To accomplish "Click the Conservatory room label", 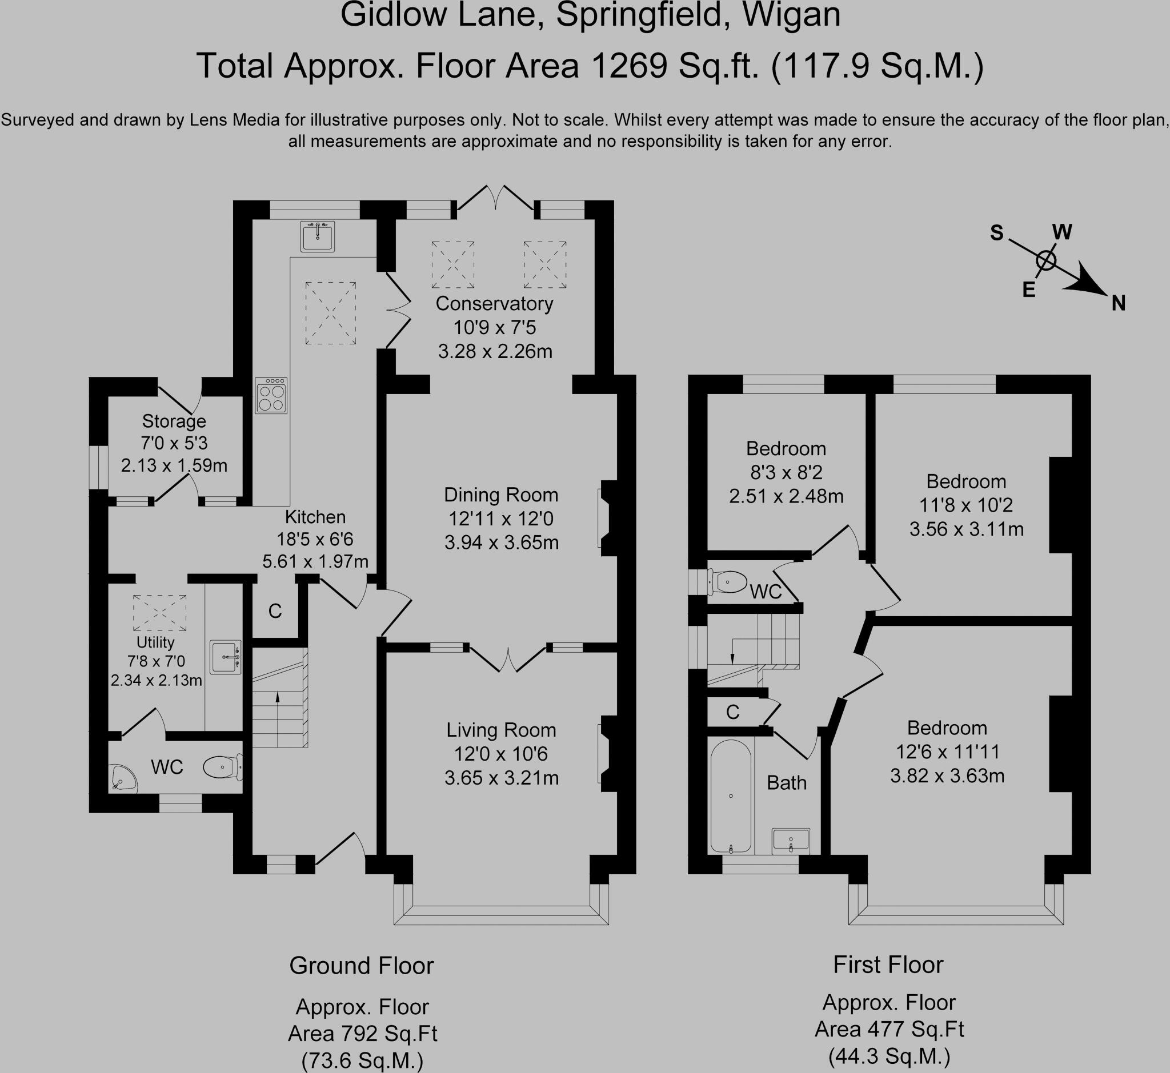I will [x=494, y=304].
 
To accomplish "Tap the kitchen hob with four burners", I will [x=271, y=396].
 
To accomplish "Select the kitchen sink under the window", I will [x=317, y=236].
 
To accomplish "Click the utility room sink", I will [x=226, y=658].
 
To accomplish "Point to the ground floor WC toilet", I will [x=222, y=767].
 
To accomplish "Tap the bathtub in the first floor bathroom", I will [x=730, y=797].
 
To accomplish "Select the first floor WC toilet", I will [x=728, y=582].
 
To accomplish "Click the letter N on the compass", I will [x=1118, y=304].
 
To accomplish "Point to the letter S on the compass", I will [x=996, y=234].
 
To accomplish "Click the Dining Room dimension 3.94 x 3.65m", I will [x=502, y=543].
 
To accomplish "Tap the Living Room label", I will [x=501, y=730].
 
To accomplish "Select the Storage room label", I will [x=174, y=421].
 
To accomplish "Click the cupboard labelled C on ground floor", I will [x=275, y=611].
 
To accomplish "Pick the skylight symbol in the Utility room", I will [x=160, y=613].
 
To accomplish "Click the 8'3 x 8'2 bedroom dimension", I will [x=786, y=473].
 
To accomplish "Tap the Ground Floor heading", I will [x=362, y=966].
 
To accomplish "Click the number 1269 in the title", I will [x=628, y=66].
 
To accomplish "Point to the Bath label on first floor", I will [x=786, y=783].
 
